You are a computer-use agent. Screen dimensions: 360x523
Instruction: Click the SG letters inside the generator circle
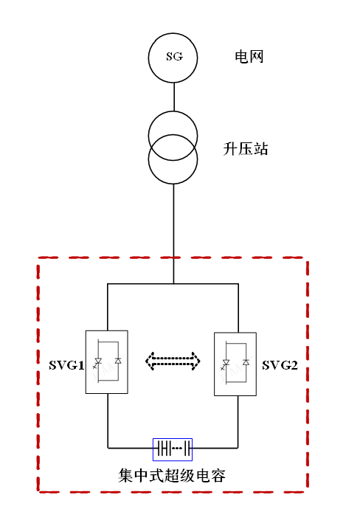point(175,56)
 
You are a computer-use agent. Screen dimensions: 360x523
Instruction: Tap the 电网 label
point(249,56)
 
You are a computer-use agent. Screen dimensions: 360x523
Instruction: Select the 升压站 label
point(245,149)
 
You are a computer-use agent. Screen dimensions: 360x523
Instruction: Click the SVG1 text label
point(66,365)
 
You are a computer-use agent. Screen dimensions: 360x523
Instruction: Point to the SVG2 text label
point(280,365)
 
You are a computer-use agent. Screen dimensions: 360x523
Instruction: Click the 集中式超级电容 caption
point(172,475)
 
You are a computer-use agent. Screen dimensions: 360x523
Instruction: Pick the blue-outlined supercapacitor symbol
point(173,450)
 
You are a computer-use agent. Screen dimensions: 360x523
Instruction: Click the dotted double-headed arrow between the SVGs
point(173,361)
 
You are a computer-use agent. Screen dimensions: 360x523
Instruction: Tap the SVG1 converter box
point(107,362)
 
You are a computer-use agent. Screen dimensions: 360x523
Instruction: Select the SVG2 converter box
point(235,364)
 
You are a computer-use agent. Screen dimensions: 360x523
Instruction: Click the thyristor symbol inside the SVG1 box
point(98,362)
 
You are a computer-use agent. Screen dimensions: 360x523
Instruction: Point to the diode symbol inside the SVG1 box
point(118,361)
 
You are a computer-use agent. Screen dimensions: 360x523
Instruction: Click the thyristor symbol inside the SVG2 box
point(226,364)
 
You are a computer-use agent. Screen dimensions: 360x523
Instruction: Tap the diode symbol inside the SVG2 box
point(246,363)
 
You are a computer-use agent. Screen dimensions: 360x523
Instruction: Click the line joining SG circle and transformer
point(174,97)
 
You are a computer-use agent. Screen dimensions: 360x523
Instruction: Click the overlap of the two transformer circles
point(173,148)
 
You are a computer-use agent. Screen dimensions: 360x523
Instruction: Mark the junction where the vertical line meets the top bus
point(173,284)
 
